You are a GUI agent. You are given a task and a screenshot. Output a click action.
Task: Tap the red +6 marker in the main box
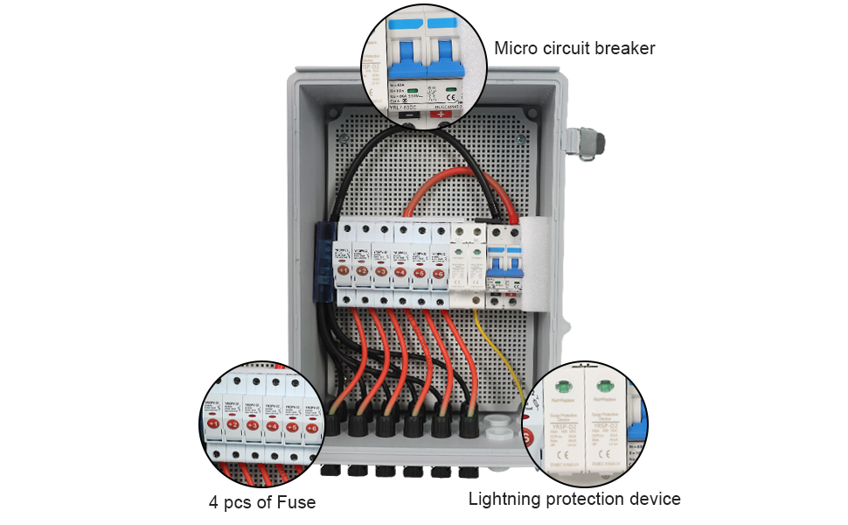pos(439,274)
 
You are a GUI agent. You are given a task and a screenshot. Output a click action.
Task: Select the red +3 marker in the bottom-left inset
pos(253,424)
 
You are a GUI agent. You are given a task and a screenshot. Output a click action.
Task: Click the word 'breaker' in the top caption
pos(624,47)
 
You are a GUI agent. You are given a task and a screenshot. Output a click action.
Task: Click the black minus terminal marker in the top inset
pos(407,115)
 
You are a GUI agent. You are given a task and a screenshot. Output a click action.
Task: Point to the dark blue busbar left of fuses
pos(322,262)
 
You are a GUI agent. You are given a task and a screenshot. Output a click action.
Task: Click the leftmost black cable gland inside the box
pos(336,423)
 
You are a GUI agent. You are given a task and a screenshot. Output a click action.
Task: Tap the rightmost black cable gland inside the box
pos(467,425)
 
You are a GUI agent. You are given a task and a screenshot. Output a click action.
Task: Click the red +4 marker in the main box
pos(400,273)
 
